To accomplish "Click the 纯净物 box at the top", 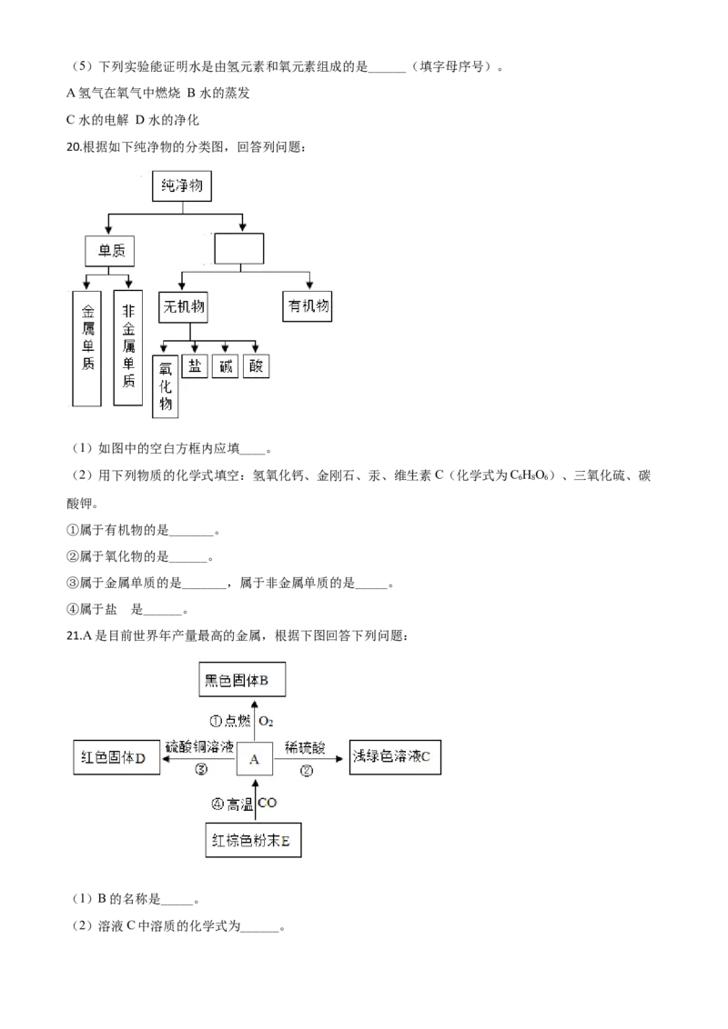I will [x=184, y=187].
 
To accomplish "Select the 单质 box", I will [x=109, y=250].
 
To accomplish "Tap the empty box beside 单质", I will [x=239, y=249].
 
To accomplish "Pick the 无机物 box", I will [x=182, y=307].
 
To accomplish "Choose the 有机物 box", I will [x=308, y=307].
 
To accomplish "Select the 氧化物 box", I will [x=166, y=385].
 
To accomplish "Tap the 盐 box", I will [x=195, y=366].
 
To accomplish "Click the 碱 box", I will [x=225, y=366].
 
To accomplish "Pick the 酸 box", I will [x=256, y=366].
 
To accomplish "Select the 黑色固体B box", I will [x=242, y=680].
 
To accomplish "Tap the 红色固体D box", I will [x=116, y=757].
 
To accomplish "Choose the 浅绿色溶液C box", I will [x=396, y=756].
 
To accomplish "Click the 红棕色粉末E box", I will [x=253, y=842].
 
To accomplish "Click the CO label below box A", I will [x=268, y=803].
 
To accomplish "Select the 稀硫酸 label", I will [x=305, y=748].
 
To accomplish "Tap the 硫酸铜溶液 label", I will [x=200, y=747].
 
